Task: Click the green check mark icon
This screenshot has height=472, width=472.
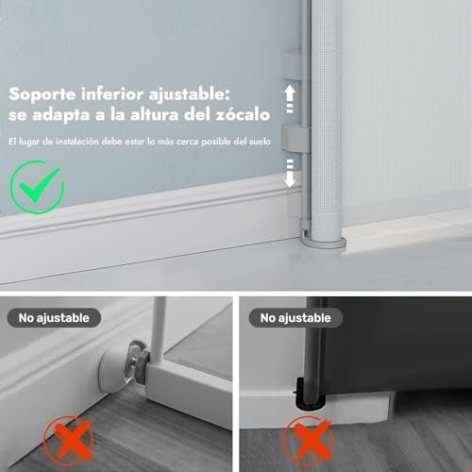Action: (x=37, y=187)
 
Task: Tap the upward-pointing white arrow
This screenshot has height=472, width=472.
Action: (x=290, y=99)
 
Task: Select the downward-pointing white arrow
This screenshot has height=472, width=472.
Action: (x=290, y=173)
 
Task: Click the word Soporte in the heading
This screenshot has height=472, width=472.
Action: (x=42, y=94)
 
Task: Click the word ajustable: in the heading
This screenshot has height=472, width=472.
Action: (x=189, y=94)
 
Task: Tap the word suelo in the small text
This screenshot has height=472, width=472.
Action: (x=260, y=142)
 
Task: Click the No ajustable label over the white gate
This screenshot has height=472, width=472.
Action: (x=54, y=318)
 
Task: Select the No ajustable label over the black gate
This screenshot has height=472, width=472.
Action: (x=295, y=318)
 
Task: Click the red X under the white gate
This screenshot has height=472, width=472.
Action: (x=69, y=440)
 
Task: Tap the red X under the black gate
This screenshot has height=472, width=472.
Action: (x=308, y=440)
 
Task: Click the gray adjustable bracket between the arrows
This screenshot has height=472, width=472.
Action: (x=295, y=138)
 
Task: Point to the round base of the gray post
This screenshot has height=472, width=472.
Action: (x=323, y=242)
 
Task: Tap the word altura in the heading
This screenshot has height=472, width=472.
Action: (x=154, y=114)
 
